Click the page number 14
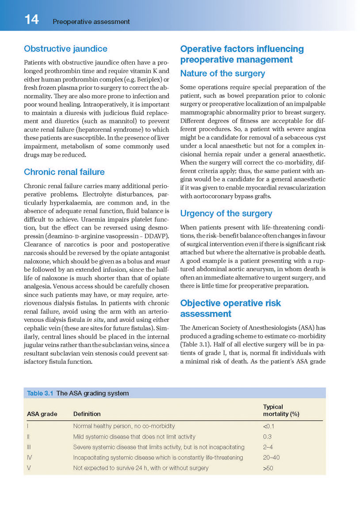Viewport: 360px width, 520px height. [x=31, y=20]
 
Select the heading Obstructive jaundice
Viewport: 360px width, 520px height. [x=65, y=49]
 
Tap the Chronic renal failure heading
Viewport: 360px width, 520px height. [x=64, y=172]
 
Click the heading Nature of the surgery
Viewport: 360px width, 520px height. [x=222, y=73]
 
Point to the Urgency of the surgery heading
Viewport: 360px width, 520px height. [x=226, y=213]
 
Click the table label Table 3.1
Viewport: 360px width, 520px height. [x=40, y=393]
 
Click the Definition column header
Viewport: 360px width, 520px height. [x=87, y=414]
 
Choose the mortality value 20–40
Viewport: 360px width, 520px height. [x=271, y=458]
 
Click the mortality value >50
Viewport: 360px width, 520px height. [x=268, y=468]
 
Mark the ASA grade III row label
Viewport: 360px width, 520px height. [x=29, y=447]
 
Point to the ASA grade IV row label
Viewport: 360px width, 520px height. [x=29, y=458]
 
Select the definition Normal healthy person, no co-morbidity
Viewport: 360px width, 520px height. [x=124, y=426]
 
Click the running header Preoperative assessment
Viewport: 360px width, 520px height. [x=91, y=21]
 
